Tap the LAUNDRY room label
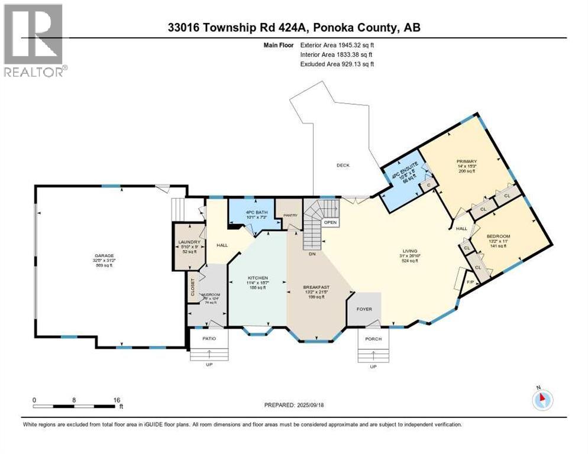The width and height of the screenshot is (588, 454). click(190, 242)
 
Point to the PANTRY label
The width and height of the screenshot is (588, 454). click(290, 215)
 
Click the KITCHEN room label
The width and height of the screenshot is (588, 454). click(258, 277)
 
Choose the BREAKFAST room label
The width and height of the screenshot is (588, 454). click(315, 289)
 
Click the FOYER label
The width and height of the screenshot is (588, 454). click(364, 309)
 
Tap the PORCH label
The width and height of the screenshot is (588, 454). click(373, 339)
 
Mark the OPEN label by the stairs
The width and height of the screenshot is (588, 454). click(330, 222)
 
